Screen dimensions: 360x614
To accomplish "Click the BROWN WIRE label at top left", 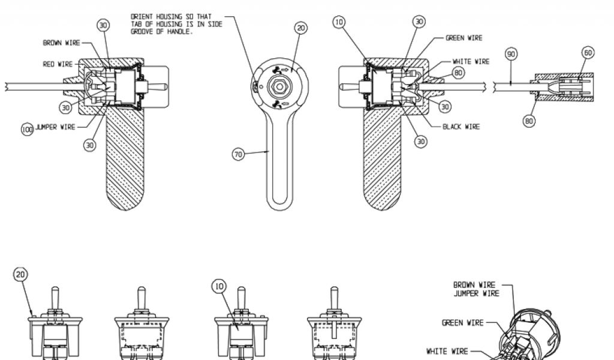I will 61,43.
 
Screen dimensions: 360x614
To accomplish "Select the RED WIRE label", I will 58,64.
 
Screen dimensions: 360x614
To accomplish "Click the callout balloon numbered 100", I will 28,128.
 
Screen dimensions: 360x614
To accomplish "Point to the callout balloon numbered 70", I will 239,155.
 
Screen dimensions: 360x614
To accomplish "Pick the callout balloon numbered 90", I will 511,54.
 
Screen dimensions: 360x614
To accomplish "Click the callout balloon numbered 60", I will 588,53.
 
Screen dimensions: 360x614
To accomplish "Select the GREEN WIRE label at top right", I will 463,38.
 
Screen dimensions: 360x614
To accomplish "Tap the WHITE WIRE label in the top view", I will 471,61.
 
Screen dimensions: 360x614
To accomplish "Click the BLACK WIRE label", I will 461,127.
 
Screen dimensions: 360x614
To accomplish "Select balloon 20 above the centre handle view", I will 301,28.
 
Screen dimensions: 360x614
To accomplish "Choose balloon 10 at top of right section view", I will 339,22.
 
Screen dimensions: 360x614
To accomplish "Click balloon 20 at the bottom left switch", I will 20,275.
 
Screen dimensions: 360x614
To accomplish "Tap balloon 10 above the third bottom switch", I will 219,286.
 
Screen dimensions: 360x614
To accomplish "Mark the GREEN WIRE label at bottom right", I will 462,323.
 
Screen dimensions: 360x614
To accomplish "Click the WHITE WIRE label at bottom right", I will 448,351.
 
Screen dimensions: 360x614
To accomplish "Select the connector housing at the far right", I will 564,86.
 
